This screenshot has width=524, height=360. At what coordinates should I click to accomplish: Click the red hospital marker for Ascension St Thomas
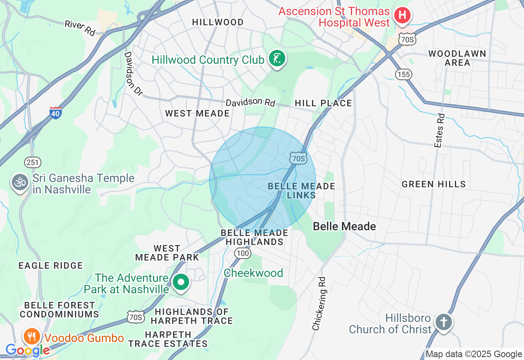pyautogui.click(x=402, y=16)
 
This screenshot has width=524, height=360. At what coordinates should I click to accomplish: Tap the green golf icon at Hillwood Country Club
pyautogui.click(x=277, y=59)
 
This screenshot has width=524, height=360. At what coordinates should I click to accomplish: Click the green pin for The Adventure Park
pyautogui.click(x=181, y=282)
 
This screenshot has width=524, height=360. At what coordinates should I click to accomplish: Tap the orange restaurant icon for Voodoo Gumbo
pyautogui.click(x=31, y=337)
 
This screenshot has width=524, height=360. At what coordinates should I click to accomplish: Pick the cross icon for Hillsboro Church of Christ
pyautogui.click(x=443, y=322)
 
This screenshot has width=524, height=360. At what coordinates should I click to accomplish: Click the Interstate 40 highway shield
pyautogui.click(x=56, y=112)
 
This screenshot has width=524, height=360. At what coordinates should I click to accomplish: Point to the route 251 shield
pyautogui.click(x=32, y=162)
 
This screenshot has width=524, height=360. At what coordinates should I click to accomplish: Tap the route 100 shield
pyautogui.click(x=243, y=254)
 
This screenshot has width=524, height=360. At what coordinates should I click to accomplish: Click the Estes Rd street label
pyautogui.click(x=439, y=130)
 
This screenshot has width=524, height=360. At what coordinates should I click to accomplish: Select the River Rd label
pyautogui.click(x=80, y=28)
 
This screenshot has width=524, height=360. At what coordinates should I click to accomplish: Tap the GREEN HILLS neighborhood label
pyautogui.click(x=434, y=184)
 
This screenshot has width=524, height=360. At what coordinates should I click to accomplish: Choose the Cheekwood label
pyautogui.click(x=253, y=273)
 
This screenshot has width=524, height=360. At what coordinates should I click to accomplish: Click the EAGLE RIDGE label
pyautogui.click(x=51, y=266)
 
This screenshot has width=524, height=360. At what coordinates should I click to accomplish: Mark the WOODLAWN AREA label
pyautogui.click(x=457, y=58)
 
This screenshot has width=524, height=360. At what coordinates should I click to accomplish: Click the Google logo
pyautogui.click(x=27, y=350)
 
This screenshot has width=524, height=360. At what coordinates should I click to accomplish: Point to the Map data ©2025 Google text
pyautogui.click(x=474, y=354)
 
